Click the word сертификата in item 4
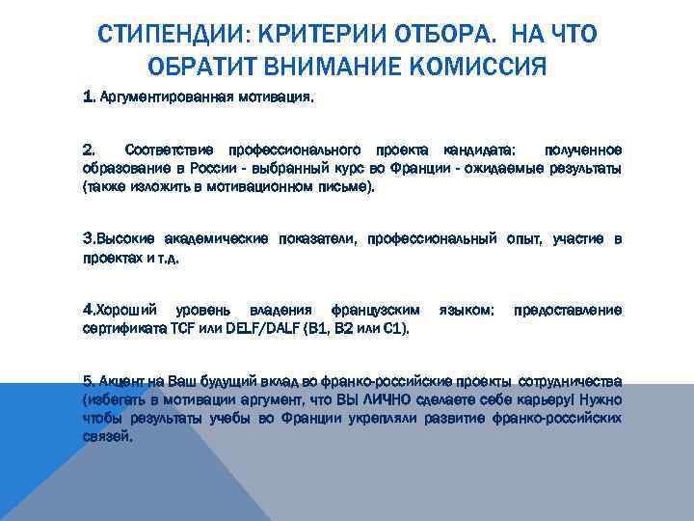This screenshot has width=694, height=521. point(123,328)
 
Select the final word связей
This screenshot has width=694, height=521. point(109,435)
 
